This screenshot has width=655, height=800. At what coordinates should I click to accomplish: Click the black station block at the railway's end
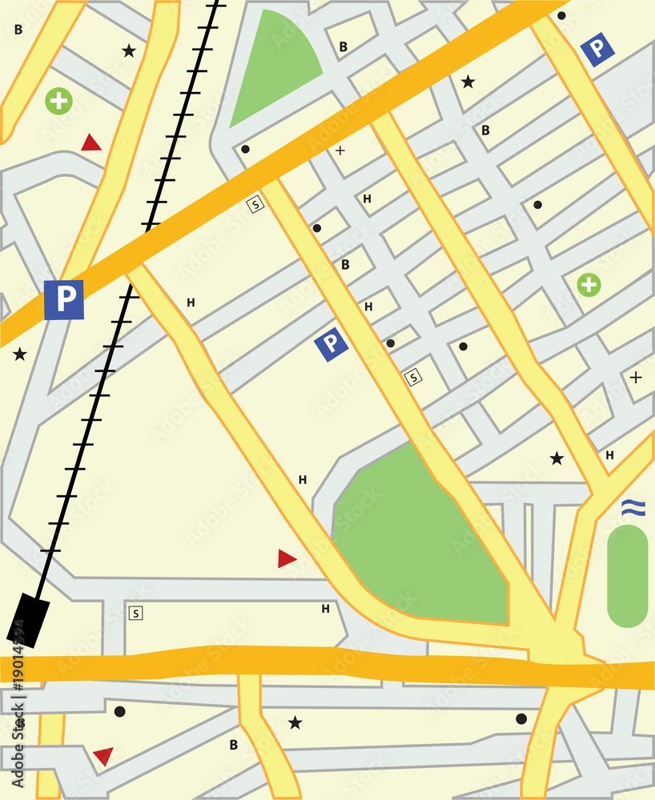click(28, 620)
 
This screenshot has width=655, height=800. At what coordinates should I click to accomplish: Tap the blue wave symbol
click(633, 506)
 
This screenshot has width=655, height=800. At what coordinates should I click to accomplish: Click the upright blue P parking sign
click(64, 300)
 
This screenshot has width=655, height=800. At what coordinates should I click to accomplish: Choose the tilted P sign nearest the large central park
click(331, 344)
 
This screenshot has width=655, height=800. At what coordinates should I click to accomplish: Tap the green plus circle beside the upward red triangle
click(58, 101)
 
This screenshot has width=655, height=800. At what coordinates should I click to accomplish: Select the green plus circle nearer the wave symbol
click(589, 284)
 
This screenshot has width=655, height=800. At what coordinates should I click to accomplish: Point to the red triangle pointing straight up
click(91, 143)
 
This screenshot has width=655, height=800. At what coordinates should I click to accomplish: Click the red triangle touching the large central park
click(287, 558)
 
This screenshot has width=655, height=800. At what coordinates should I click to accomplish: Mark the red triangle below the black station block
click(103, 754)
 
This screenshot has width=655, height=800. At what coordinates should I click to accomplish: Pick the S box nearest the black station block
click(135, 614)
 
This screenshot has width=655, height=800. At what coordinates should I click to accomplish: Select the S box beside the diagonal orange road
click(255, 204)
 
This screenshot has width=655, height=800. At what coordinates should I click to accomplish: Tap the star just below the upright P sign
click(19, 354)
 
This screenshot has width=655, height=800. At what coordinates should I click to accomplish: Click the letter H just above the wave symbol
click(609, 455)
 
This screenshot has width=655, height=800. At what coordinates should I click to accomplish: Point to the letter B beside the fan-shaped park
click(343, 47)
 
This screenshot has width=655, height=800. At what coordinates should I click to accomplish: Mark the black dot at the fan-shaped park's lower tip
click(245, 149)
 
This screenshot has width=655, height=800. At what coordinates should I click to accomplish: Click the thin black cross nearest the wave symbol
click(635, 377)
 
